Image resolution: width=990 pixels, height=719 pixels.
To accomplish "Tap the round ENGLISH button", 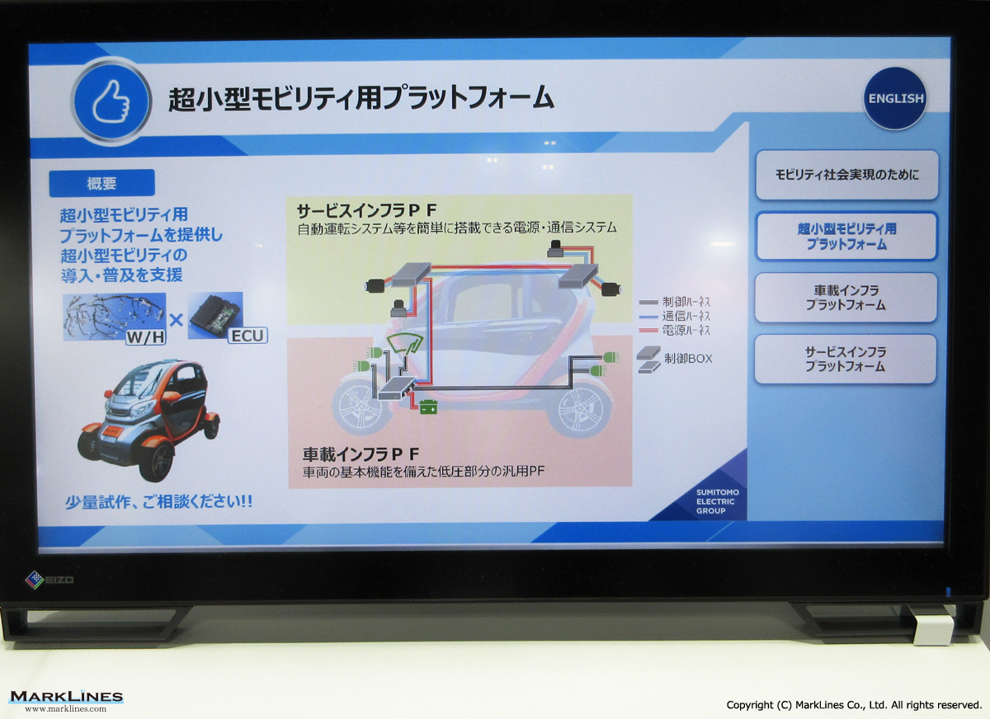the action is [x=895, y=98].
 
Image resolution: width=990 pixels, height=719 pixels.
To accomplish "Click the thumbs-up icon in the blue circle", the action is [x=111, y=101].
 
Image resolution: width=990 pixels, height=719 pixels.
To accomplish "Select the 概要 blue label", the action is [x=101, y=183].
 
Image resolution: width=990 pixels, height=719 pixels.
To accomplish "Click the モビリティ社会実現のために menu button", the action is [x=846, y=175].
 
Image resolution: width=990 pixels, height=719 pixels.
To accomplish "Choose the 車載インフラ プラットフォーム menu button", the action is [x=846, y=298].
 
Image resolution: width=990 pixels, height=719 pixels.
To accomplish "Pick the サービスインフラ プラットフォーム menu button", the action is [x=845, y=359].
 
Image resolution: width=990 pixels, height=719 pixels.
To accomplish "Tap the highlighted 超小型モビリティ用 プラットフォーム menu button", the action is [x=846, y=237].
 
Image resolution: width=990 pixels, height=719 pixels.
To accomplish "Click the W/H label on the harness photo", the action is [x=146, y=337].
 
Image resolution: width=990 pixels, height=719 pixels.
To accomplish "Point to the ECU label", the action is [x=247, y=336].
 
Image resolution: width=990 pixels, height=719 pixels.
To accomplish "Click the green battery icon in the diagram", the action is [x=428, y=406].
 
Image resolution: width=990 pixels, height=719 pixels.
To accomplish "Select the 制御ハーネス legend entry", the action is [x=675, y=302].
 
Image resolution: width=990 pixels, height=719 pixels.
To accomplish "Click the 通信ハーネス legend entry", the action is [x=675, y=317].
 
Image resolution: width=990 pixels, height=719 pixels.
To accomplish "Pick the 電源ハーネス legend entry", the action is [x=675, y=331].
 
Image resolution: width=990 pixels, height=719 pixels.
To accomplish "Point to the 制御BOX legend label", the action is [x=688, y=359].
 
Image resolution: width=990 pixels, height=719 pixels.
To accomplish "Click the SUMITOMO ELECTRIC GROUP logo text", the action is [x=717, y=501].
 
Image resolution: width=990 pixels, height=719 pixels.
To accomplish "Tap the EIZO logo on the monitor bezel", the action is [x=49, y=579].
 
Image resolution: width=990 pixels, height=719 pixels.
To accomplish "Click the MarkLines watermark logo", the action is [x=66, y=701].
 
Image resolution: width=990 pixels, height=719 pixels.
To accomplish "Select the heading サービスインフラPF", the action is [x=367, y=210].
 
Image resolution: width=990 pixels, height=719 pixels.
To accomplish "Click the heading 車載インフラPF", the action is [x=361, y=454].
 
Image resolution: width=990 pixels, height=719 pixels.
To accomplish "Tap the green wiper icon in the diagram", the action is [x=404, y=343].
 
